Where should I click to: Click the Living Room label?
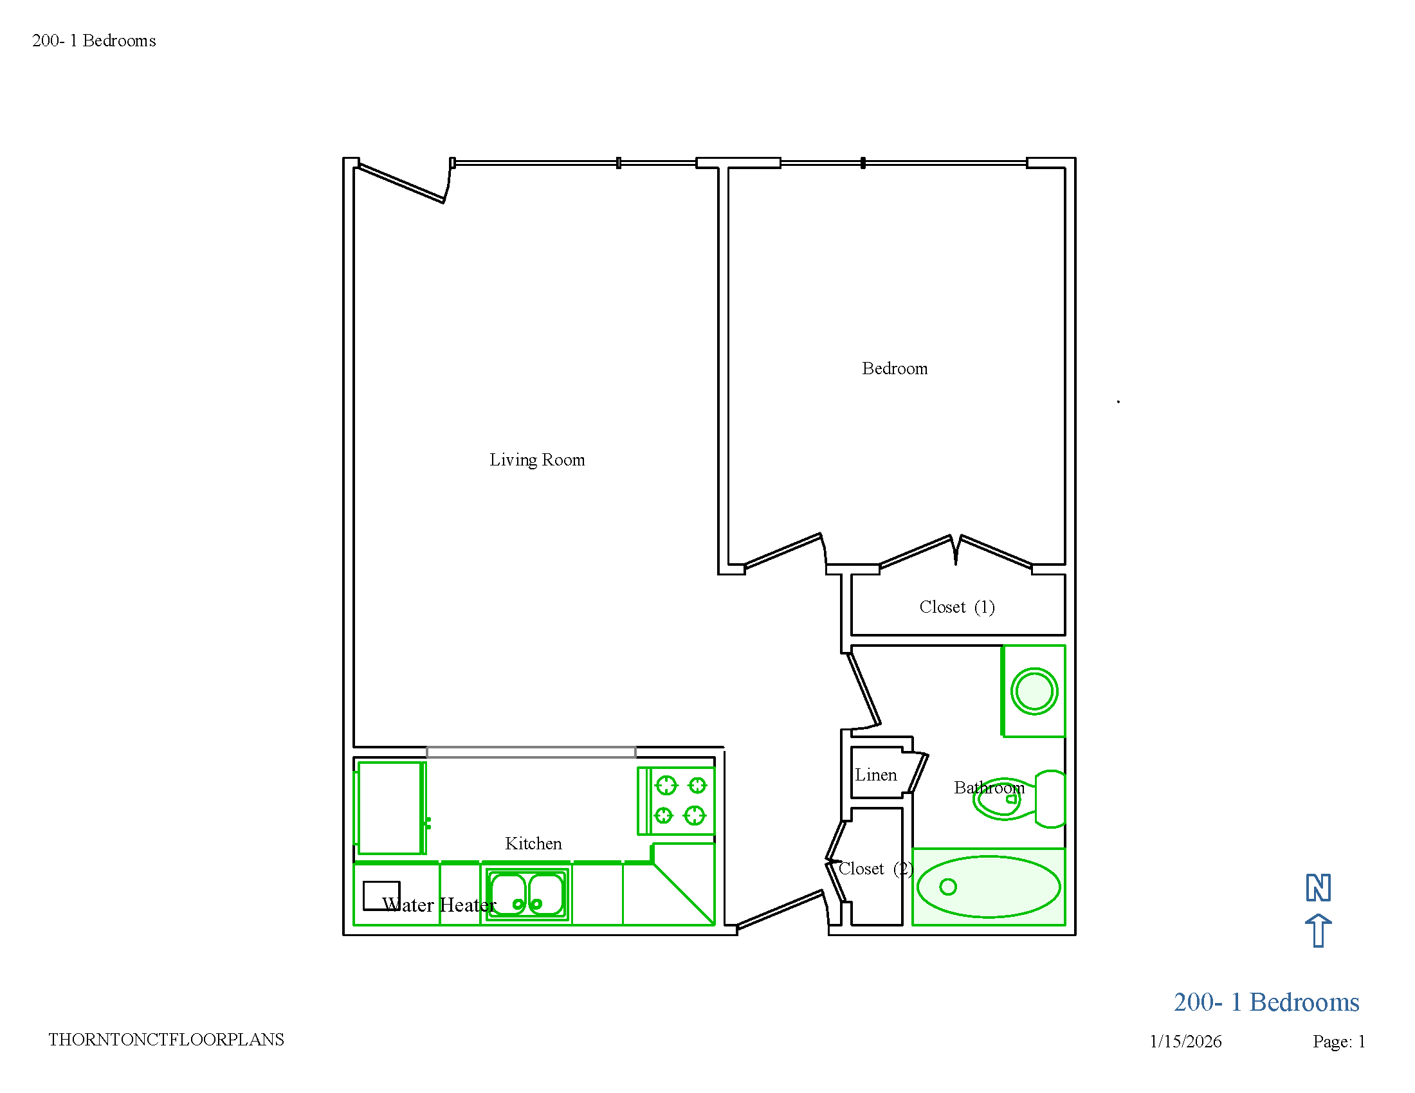point(536,460)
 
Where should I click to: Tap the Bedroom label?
point(894,368)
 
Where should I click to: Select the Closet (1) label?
point(956,607)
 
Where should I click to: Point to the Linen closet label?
point(875,775)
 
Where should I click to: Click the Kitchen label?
point(533,843)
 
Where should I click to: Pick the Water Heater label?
point(439,905)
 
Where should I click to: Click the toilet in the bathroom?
point(1019,799)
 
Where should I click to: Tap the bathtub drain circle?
point(948,887)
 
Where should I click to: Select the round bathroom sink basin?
point(1034,691)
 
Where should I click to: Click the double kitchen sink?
point(527,894)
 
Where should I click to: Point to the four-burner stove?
point(677,801)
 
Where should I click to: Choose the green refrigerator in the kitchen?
point(390,808)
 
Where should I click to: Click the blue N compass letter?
point(1318,887)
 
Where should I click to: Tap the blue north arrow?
point(1318,930)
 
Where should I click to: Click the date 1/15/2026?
point(1185,1041)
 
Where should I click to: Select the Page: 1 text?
point(1338,1041)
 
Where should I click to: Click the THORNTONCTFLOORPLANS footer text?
point(166,1039)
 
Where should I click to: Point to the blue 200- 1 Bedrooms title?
point(1266,1002)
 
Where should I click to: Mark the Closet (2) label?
point(875,869)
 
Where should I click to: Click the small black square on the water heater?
point(381,896)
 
